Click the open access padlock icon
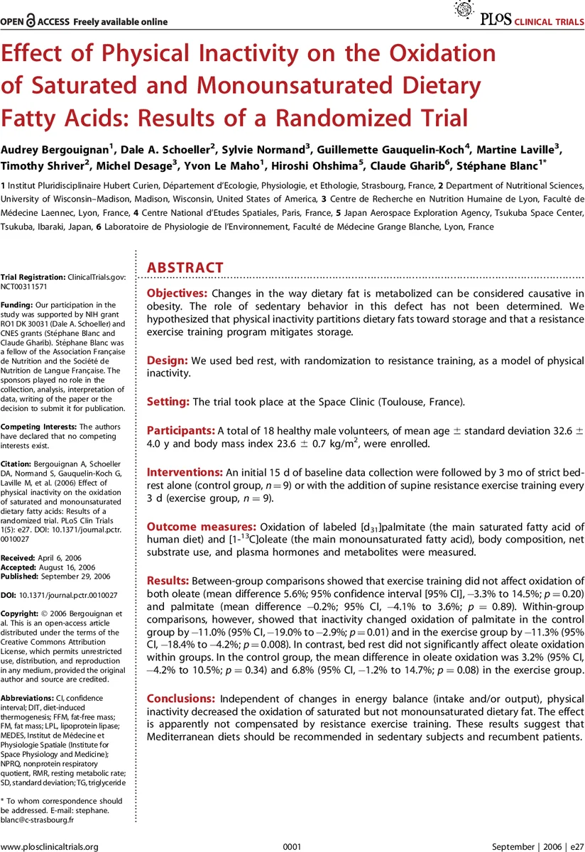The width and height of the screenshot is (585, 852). coord(31,21)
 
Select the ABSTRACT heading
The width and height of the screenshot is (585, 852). coord(185,268)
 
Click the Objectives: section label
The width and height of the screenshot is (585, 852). coord(177,293)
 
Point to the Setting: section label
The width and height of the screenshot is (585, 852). coord(168,402)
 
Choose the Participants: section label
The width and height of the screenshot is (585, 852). coord(180,430)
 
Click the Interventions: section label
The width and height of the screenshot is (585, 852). coord(184,472)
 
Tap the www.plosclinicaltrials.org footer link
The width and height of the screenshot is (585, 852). coord(49,846)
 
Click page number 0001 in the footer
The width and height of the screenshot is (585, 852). coord(292,846)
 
